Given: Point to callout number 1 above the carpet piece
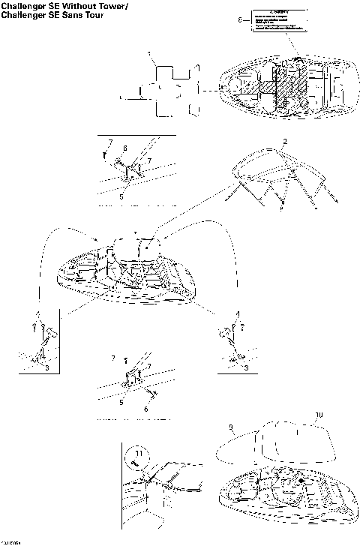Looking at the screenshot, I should tap(150, 55).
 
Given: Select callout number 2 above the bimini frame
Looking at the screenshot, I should tap(284, 141).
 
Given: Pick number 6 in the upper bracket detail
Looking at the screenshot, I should tap(125, 148).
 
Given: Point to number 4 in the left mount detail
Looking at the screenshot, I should tap(34, 314).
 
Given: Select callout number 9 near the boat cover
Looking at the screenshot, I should tap(230, 429).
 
